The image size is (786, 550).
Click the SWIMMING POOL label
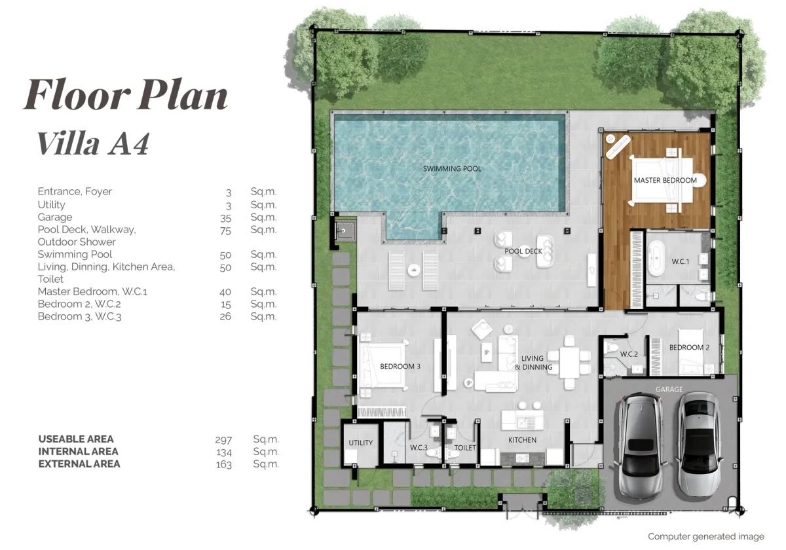(x=452, y=169)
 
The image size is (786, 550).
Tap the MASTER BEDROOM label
(x=665, y=180)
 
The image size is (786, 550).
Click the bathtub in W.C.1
(x=656, y=260)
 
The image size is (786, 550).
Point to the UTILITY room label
(x=360, y=443)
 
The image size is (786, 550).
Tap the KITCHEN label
(x=522, y=440)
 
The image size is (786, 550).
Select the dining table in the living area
(x=569, y=362)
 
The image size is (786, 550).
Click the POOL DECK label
(x=523, y=251)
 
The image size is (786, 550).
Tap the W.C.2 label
(x=629, y=354)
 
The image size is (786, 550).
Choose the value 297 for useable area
(x=223, y=439)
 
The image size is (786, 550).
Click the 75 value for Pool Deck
(x=225, y=230)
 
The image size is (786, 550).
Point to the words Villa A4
(x=93, y=143)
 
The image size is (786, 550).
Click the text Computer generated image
(x=705, y=537)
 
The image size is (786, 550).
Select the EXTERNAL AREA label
(x=79, y=464)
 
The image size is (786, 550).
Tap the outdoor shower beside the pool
(x=344, y=230)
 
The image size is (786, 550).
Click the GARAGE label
(x=669, y=390)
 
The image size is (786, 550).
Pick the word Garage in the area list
(x=55, y=217)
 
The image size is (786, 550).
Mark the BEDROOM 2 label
(x=689, y=348)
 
